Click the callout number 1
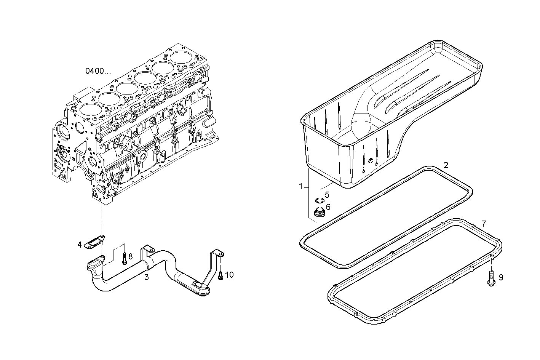[300, 186]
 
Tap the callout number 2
[446, 165]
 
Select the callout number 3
[146, 277]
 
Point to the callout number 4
[80, 245]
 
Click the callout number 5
[327, 195]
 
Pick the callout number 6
[328, 207]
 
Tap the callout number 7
[484, 223]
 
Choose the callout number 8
[130, 256]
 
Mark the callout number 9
[501, 278]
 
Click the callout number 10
[229, 275]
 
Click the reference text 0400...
[98, 71]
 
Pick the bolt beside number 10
[220, 275]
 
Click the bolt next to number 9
[491, 278]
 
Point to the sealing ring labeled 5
[319, 200]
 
